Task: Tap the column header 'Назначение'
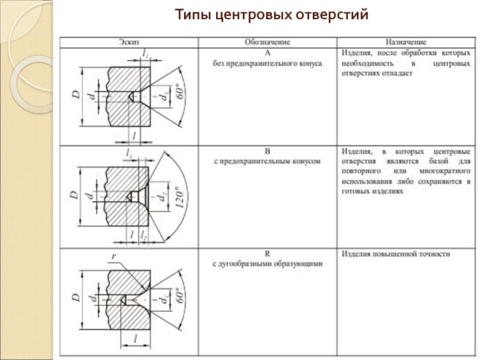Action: pyautogui.click(x=406, y=43)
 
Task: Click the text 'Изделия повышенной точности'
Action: pyautogui.click(x=395, y=254)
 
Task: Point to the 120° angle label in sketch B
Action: pyautogui.click(x=178, y=196)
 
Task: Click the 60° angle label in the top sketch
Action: pyautogui.click(x=178, y=95)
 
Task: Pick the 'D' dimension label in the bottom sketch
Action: pyautogui.click(x=74, y=298)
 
